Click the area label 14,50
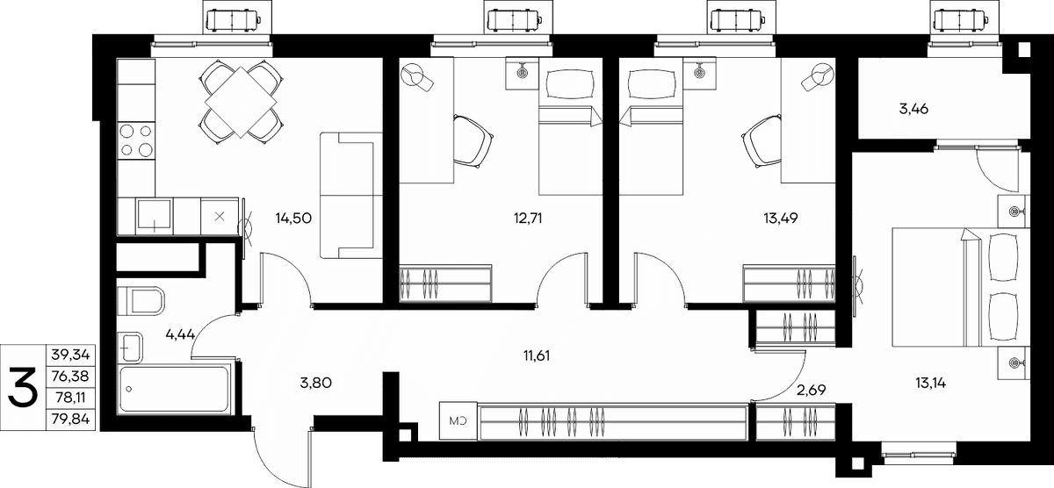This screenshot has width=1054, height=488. click(x=293, y=219)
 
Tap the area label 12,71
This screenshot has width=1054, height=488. click(x=528, y=219)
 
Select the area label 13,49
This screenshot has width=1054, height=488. click(x=780, y=219)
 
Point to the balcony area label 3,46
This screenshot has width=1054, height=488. click(x=913, y=109)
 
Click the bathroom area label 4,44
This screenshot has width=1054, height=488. click(x=180, y=334)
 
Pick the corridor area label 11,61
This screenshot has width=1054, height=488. click(x=537, y=355)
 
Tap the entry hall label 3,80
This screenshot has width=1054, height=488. click(x=315, y=384)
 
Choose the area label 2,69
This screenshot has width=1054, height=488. click(x=812, y=390)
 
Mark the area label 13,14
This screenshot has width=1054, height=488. click(x=931, y=384)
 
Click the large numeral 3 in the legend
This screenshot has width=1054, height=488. click(x=23, y=387)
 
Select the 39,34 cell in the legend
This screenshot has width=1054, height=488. click(x=70, y=355)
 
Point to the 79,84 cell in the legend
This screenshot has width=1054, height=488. click(x=70, y=419)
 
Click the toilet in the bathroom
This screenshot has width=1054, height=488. click(x=141, y=301)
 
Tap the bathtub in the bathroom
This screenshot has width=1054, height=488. click(x=174, y=390)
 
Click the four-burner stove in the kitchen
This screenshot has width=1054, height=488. click(x=136, y=140)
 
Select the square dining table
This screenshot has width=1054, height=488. click(x=241, y=102)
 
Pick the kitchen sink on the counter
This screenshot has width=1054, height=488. click(x=154, y=216)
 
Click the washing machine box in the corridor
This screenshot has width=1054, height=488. click(x=458, y=420)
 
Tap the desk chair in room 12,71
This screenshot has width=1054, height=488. click(x=473, y=141)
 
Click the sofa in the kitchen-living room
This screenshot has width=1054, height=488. click(x=351, y=195)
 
